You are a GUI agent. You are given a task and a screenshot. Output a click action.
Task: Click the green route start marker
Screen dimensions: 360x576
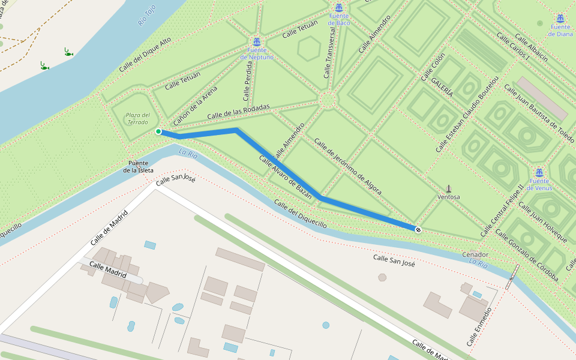(158, 131)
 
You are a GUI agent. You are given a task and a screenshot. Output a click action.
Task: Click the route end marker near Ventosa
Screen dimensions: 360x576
(418, 230)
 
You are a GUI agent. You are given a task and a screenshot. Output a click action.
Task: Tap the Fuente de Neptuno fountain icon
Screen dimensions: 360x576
(257, 41)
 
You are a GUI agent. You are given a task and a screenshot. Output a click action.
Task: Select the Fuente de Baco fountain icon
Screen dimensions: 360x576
(339, 8)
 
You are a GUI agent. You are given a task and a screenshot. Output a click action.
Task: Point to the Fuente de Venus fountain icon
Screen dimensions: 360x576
(539, 173)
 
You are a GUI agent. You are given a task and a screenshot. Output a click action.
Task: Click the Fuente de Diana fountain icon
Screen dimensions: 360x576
(560, 19)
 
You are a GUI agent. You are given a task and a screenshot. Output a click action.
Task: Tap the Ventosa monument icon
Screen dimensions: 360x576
(449, 188)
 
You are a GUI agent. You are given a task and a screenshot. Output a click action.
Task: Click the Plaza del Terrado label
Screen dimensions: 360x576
(137, 118)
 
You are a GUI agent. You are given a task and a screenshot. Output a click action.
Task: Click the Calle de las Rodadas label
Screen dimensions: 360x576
(238, 112)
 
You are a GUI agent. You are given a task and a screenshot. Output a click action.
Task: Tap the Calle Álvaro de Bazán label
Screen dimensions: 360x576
(285, 177)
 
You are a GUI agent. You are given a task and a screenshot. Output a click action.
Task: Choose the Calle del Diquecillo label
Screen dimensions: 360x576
(301, 214)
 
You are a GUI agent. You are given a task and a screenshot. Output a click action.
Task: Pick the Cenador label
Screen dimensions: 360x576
(475, 254)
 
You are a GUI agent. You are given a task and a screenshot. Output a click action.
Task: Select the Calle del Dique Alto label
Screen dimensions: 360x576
(145, 54)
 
